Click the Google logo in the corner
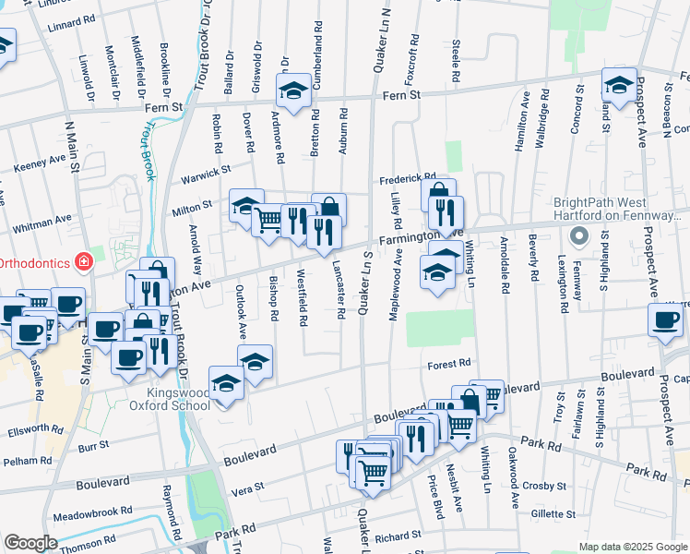coord(30,543)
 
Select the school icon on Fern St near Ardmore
coord(293,90)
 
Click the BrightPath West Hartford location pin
coord(580,236)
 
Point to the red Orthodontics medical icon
coord(84,262)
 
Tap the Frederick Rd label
coord(408,177)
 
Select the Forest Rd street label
coord(449,364)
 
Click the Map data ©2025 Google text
coord(632,547)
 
